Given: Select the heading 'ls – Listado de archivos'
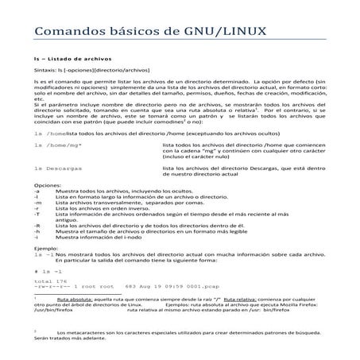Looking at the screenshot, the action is pos(72,60).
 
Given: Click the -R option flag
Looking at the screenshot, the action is pos(37,226).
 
